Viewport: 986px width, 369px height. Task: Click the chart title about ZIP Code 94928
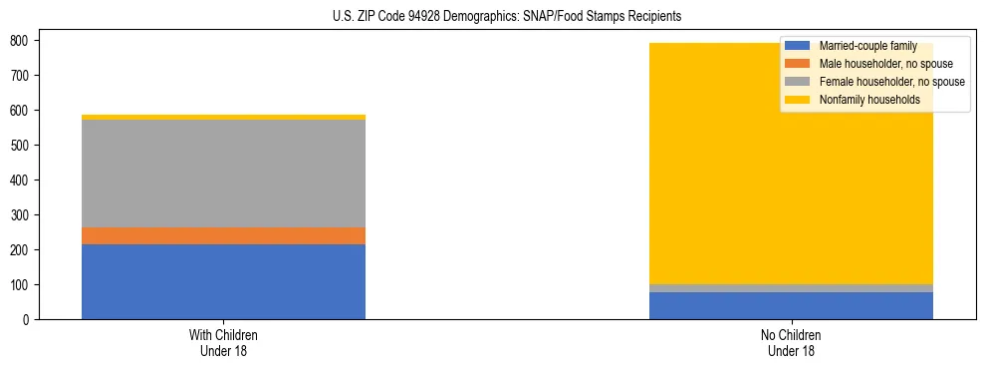click(493, 17)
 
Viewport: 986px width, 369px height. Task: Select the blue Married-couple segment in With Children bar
click(223, 281)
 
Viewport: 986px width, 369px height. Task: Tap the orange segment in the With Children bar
click(223, 235)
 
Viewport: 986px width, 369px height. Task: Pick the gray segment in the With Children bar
click(223, 174)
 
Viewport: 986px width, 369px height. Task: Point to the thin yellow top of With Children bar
click(223, 117)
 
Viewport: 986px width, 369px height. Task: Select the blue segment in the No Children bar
click(791, 305)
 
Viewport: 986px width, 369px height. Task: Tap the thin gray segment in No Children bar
click(791, 288)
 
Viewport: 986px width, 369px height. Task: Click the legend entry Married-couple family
click(866, 46)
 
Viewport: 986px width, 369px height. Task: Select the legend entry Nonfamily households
click(869, 100)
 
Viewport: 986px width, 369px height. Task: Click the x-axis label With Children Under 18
click(223, 342)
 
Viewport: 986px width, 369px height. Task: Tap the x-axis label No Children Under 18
click(791, 342)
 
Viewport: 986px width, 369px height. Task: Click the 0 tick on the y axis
click(30, 319)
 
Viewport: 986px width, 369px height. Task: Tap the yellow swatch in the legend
click(798, 100)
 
